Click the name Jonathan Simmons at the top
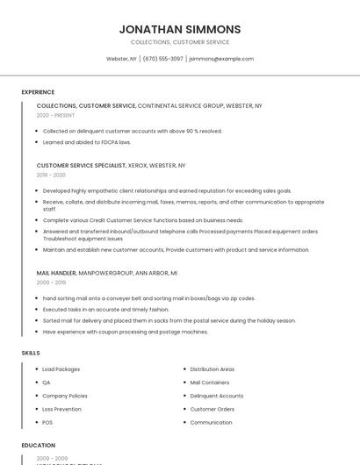pos(179,29)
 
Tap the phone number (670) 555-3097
pos(162,59)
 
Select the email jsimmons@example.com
pos(221,59)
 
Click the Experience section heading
pos(38,92)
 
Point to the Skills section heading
pos(31,353)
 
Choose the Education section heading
pos(39,446)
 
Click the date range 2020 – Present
pos(55,115)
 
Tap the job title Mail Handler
pos(56,273)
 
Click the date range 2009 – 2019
pos(51,283)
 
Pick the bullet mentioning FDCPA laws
pos(86,142)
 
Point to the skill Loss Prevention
pos(61,409)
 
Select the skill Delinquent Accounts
pos(216,396)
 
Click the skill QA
pos(47,383)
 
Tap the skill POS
pos(47,422)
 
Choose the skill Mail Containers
pos(210,383)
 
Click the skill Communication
pos(211,422)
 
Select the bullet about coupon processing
pos(125,332)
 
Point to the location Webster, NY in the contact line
pos(121,59)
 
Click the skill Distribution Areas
pos(212,369)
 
